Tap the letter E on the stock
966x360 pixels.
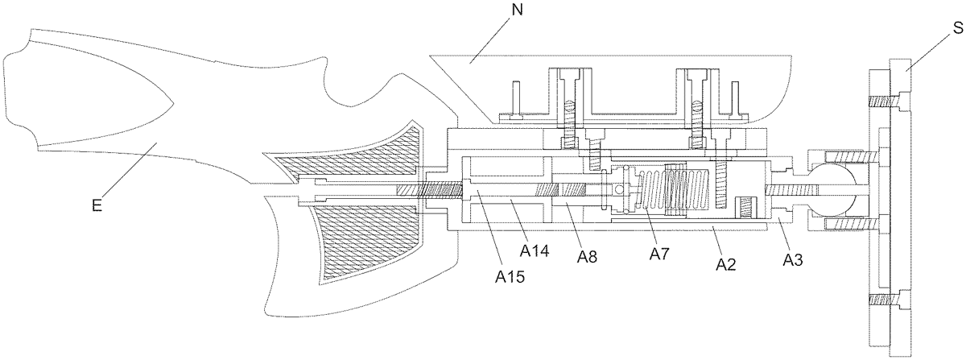click(96, 205)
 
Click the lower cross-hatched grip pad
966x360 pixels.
click(362, 242)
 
